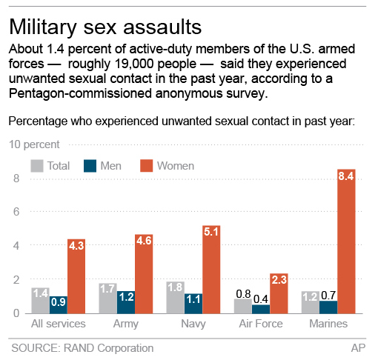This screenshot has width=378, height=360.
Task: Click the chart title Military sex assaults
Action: [105, 27]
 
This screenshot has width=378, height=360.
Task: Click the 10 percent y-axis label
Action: [36, 144]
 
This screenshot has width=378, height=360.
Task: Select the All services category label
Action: [59, 324]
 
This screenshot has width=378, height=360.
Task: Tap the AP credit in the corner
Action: [357, 347]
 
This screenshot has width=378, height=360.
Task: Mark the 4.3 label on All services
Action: [77, 245]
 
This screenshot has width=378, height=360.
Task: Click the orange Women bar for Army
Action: [145, 278]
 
